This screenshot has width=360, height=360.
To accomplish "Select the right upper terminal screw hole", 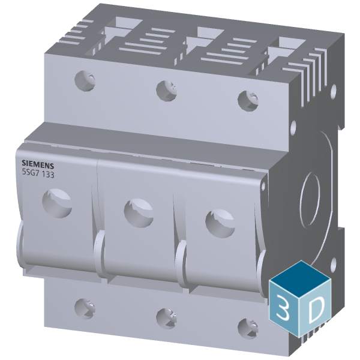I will click(247, 99).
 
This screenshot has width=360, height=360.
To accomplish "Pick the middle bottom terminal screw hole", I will click(164, 316).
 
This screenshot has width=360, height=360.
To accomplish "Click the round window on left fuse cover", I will click(58, 202).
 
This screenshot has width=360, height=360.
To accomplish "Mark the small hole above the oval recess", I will click(294, 128).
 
